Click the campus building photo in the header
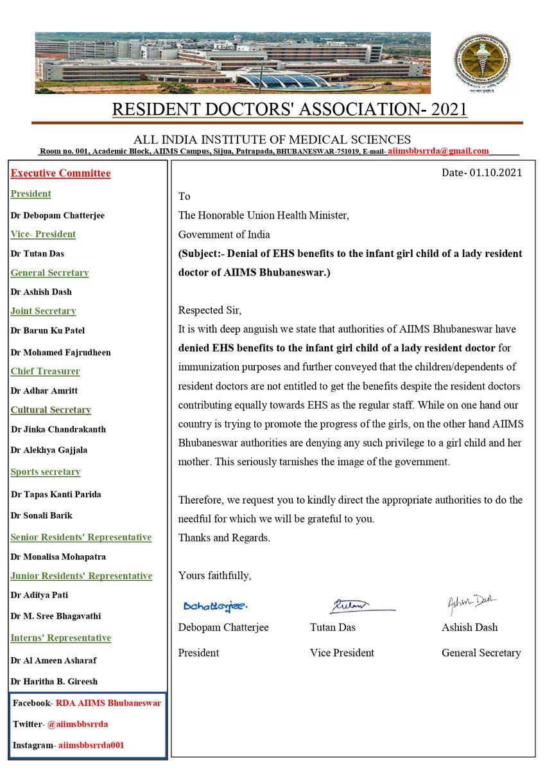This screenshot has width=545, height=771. coord(232,62)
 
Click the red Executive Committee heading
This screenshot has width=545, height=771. coord(60,173)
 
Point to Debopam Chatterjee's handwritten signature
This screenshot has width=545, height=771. coord(214,605)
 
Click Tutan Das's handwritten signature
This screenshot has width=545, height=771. coord(350,605)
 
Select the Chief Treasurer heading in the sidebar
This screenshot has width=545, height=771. coord(45,371)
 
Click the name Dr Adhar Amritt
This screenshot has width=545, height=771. coord(44,391)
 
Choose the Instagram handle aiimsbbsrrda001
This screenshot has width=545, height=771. coord(91,745)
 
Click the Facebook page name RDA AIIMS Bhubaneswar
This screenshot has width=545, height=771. coord(108,703)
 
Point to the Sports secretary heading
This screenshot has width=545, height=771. coord(46,472)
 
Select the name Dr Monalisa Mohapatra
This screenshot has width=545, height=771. coord(58,556)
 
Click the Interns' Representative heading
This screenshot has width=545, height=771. coord(61,638)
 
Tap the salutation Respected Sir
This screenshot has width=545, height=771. coord(210,310)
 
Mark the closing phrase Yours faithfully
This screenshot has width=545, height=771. coord(214,575)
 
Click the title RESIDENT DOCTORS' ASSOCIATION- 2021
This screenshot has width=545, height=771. coord(290,110)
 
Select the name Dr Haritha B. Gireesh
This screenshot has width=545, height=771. coord(54,681)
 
